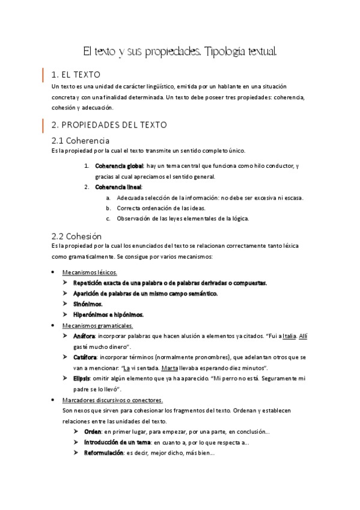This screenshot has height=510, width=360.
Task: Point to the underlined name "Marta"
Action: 171,367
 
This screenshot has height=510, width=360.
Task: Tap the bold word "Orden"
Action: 93,432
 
